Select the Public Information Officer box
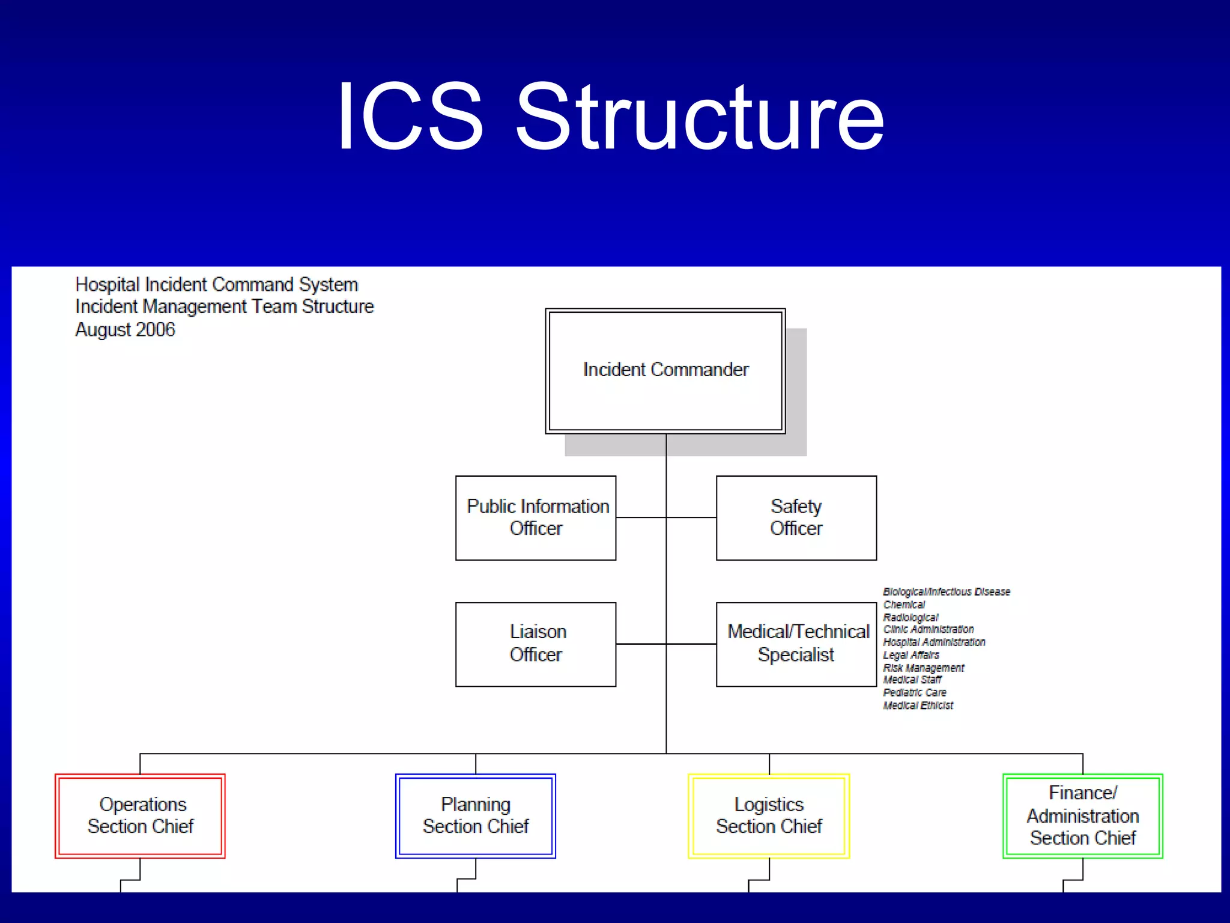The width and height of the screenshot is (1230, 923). (x=536, y=517)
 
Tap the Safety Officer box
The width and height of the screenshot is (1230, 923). (x=796, y=517)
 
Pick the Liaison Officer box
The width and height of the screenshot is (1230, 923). (x=536, y=644)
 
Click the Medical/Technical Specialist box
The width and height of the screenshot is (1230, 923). (x=796, y=644)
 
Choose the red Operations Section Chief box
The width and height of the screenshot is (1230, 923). (x=140, y=815)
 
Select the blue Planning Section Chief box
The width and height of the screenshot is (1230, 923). (x=475, y=815)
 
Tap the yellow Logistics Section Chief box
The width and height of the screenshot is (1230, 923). (x=769, y=815)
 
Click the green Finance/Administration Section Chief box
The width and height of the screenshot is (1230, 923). (x=1082, y=815)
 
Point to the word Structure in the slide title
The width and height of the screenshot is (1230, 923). (x=700, y=117)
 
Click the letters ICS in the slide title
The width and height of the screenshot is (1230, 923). (x=410, y=117)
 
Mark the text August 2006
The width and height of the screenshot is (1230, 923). (x=125, y=330)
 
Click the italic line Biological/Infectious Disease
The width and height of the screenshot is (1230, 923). (x=947, y=592)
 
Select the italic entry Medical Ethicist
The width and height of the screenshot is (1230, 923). (x=918, y=705)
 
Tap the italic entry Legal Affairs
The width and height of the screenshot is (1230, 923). (x=910, y=655)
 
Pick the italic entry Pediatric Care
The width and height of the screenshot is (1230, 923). (x=914, y=693)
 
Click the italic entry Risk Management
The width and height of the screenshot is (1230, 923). (x=923, y=668)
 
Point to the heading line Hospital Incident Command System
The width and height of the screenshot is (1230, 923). (x=216, y=284)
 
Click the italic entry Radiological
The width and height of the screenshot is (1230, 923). (x=910, y=617)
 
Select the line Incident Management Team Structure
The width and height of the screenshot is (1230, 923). (x=224, y=306)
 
